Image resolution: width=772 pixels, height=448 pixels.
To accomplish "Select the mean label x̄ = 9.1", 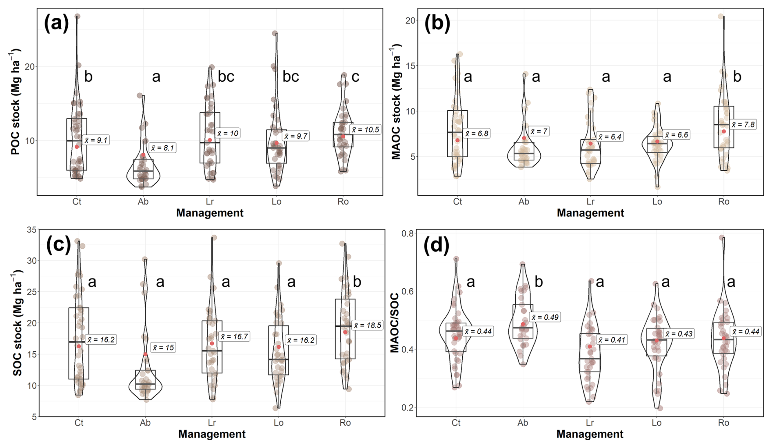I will [x=96, y=140].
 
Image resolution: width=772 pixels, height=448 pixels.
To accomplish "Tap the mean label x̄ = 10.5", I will [x=365, y=129].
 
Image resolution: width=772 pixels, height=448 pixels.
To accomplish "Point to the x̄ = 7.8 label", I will [x=743, y=124].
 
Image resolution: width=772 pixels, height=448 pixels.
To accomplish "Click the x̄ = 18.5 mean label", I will [x=367, y=325].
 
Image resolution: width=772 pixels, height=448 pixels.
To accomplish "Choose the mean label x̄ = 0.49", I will [x=545, y=317].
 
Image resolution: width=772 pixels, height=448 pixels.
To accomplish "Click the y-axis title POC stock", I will [x=16, y=102].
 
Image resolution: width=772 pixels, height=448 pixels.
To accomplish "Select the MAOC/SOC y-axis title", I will [x=395, y=323].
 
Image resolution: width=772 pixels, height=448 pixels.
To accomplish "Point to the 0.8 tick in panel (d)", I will [x=408, y=233].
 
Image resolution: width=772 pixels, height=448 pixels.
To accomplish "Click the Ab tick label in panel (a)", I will [x=143, y=201].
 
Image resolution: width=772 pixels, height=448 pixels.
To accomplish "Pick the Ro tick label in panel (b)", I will [x=723, y=201].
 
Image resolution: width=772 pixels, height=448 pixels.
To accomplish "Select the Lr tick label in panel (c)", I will [x=212, y=423].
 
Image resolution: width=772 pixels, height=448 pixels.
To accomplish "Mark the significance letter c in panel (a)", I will [x=355, y=76].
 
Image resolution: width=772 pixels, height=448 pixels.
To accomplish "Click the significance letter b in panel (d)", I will [x=539, y=281].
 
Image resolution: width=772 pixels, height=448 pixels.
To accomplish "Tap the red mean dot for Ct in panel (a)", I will [x=77, y=147].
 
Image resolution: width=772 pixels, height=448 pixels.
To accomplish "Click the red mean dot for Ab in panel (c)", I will [x=145, y=354].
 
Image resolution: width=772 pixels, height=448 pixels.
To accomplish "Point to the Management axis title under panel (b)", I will [x=590, y=213].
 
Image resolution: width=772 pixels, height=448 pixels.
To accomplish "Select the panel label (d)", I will [x=436, y=245].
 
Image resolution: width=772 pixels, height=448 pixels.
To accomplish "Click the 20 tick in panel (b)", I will [x=410, y=20].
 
